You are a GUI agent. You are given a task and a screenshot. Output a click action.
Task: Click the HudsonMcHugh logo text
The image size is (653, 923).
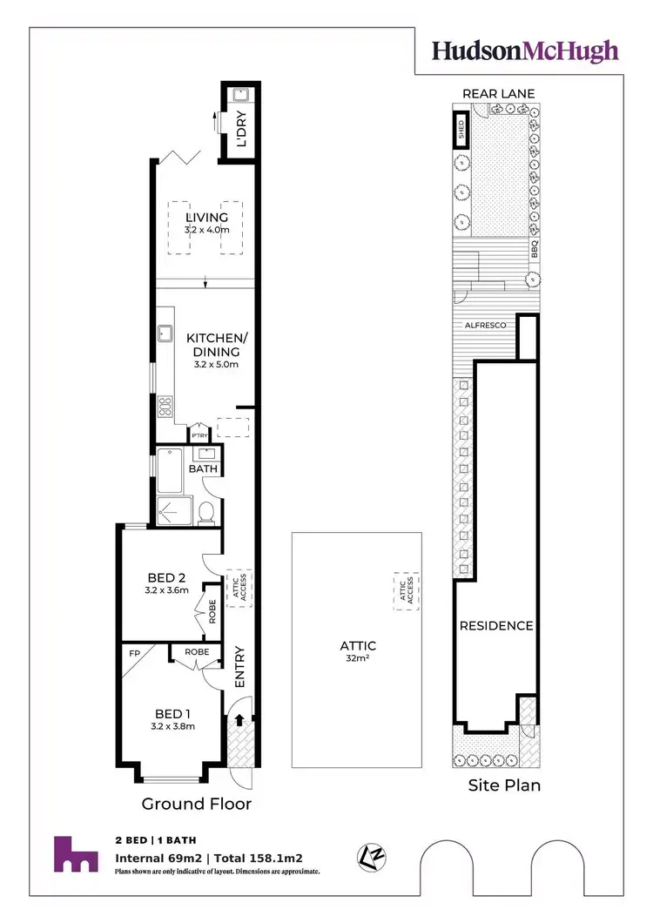pyautogui.click(x=526, y=50)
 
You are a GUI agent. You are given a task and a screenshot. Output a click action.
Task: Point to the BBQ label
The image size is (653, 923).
pyautogui.click(x=536, y=250)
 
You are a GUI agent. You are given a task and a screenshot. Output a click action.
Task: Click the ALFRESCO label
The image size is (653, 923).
pyautogui.click(x=484, y=323)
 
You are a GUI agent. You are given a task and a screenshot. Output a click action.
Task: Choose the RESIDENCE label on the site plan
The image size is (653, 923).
pyautogui.click(x=496, y=625)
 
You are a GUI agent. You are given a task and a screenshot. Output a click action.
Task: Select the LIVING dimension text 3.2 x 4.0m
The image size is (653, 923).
pyautogui.click(x=206, y=230)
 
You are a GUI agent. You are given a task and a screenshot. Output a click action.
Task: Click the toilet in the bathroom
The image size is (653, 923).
pyautogui.click(x=206, y=514)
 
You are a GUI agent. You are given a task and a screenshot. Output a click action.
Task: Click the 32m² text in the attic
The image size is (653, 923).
pyautogui.click(x=358, y=659)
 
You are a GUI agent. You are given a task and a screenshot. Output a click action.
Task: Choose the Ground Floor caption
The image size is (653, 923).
pyautogui.click(x=197, y=803)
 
